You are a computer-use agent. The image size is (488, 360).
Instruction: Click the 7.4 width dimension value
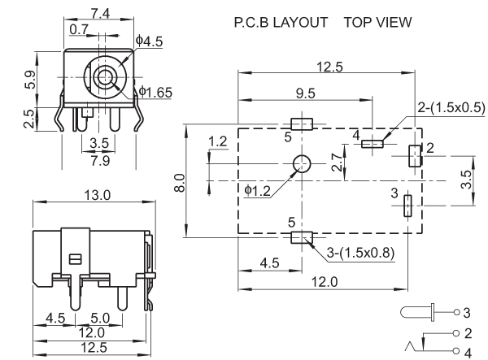pos(100,13)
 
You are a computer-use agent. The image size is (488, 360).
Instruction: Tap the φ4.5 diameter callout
pos(150,41)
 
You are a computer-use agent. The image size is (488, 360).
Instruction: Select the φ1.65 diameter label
pos(155,92)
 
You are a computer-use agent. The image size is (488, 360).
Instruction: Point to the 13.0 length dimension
pos(98,195)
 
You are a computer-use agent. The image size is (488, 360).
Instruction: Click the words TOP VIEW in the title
pos(378,23)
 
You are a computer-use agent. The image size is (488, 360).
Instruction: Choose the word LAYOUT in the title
pos(301,23)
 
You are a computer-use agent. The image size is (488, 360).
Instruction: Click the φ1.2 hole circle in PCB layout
pos(302,163)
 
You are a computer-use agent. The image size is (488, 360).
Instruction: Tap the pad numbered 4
pos(373,144)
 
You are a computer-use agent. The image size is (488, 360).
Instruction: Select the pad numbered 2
pos(415,156)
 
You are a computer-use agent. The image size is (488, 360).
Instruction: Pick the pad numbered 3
pos(407,206)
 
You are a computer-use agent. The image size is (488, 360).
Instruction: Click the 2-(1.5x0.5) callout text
pos(451,107)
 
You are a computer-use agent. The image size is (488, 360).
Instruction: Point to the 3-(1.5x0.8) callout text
pos(360,253)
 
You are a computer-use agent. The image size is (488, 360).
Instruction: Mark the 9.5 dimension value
pos(306,93)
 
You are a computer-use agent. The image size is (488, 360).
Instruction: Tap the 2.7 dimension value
pos(337,162)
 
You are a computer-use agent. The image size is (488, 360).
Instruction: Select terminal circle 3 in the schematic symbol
pos(456,312)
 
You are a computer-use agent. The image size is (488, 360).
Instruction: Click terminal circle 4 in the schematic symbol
pos(456,351)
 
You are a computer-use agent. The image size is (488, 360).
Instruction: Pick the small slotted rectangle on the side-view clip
pos(75,259)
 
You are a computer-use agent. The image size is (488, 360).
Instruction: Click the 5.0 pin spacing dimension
pos(100,318)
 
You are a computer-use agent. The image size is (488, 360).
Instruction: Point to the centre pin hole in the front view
pos(105,76)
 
